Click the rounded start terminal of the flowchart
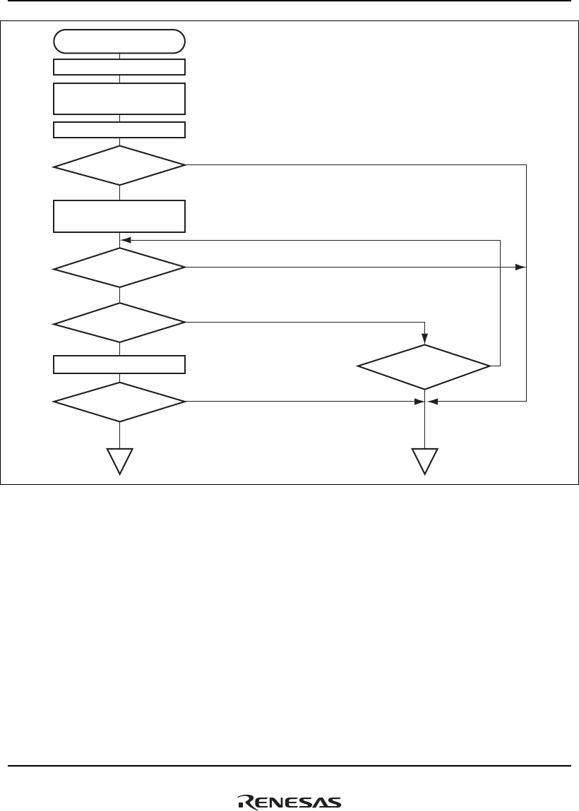pyautogui.click(x=119, y=41)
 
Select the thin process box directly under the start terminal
pyautogui.click(x=119, y=67)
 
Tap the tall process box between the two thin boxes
pyautogui.click(x=119, y=98)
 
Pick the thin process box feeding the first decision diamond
pyautogui.click(x=119, y=130)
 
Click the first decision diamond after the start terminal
pyautogui.click(x=119, y=165)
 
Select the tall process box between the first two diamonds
pyautogui.click(x=119, y=216)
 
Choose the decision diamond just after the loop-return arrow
pyautogui.click(x=119, y=268)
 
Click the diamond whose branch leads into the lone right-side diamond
pyautogui.click(x=119, y=323)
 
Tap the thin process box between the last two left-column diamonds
pyautogui.click(x=119, y=364)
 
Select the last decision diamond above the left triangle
pyautogui.click(x=119, y=402)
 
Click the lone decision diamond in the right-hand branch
pyautogui.click(x=424, y=366)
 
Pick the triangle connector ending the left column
pyautogui.click(x=119, y=460)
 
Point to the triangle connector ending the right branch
pyautogui.click(x=424, y=460)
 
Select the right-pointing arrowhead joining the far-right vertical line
pyautogui.click(x=522, y=268)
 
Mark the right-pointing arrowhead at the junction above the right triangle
pyautogui.click(x=416, y=402)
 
